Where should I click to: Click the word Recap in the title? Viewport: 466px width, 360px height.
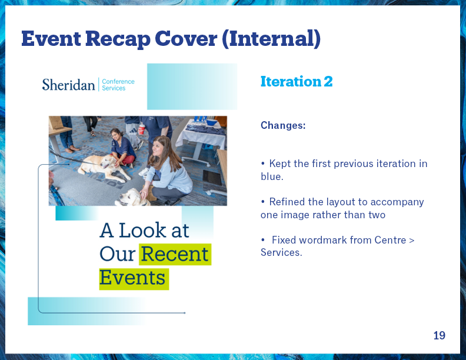[118, 39]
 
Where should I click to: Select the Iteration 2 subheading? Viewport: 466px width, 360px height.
[297, 81]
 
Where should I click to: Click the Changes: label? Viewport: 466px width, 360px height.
[283, 125]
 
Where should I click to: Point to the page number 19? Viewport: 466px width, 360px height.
[440, 335]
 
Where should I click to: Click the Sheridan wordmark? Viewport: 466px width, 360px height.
[68, 85]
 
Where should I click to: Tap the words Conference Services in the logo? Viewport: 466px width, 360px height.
[118, 85]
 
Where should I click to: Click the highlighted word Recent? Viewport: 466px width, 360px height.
[175, 254]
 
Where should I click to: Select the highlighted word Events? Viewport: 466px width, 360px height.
[132, 278]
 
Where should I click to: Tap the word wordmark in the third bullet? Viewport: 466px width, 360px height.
[323, 239]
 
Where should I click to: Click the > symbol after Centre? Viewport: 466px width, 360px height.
[412, 241]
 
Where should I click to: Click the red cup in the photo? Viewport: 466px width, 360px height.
[142, 128]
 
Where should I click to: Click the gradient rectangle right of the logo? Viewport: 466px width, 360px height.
[192, 86]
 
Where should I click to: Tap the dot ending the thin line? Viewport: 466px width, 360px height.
[185, 313]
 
